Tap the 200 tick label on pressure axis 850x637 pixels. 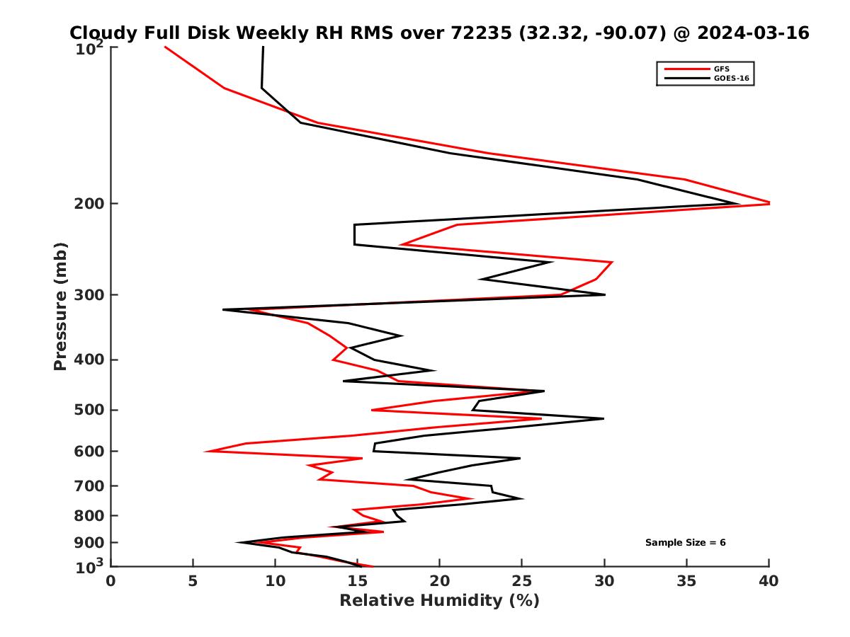click(91, 204)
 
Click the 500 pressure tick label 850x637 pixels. click(91, 410)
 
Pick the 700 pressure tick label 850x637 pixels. click(91, 486)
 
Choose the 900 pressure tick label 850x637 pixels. click(91, 543)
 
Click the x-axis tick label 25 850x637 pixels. click(522, 582)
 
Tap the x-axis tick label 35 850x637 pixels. click(686, 582)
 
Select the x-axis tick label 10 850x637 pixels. click(275, 582)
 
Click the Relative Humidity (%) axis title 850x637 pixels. click(439, 601)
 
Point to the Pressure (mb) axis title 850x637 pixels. click(60, 306)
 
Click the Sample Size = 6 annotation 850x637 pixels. click(685, 543)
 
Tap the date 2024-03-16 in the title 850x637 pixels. click(753, 33)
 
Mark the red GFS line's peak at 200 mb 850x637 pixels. click(769, 204)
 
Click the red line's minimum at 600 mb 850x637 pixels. click(206, 451)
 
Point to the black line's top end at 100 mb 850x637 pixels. click(263, 47)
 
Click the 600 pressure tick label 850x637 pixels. click(91, 452)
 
